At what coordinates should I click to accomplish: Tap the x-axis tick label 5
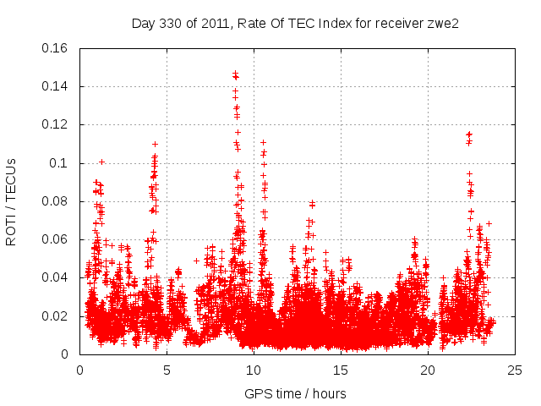coord(167,370)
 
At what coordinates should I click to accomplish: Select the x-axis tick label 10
coord(254,370)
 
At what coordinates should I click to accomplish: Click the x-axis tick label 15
coord(341,370)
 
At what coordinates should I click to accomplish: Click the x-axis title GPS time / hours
coord(295,393)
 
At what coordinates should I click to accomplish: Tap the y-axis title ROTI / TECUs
coord(12,201)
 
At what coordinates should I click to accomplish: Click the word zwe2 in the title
coord(443,23)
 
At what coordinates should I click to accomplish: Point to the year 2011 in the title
coord(212,23)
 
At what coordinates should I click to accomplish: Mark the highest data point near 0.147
coord(235,74)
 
